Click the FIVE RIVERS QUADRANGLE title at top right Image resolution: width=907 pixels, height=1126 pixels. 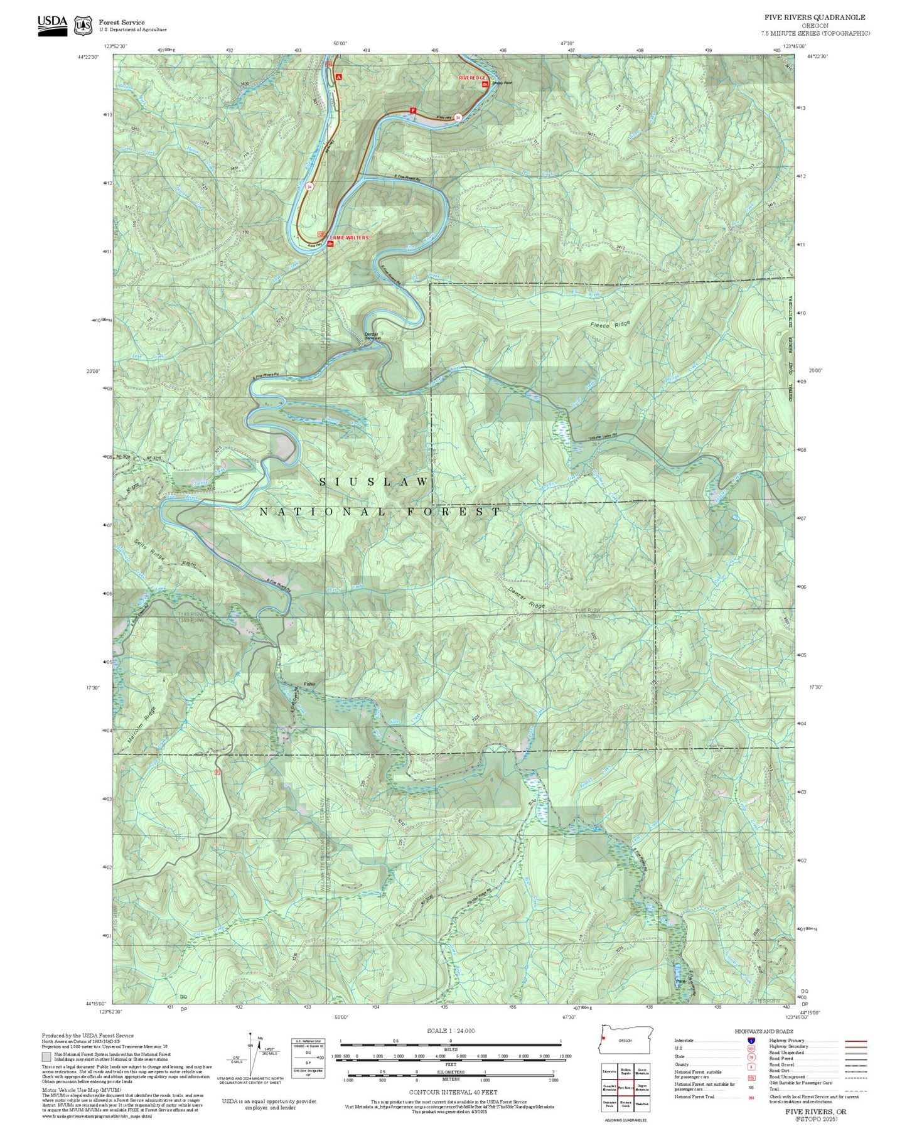814,17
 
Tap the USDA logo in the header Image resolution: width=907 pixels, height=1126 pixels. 52,25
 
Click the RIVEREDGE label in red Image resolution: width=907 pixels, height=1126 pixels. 473,77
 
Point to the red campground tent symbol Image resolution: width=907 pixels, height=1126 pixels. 339,77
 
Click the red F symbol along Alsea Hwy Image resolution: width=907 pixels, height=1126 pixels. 412,111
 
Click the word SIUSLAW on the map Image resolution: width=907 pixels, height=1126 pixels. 375,481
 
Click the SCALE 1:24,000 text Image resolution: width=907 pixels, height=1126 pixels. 450,1031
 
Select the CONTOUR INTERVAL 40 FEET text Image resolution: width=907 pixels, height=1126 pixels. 453,1092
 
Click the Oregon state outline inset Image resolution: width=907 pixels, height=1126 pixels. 626,1040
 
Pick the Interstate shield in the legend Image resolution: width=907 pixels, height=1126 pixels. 751,1041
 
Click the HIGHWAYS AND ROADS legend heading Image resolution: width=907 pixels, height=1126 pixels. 764,1031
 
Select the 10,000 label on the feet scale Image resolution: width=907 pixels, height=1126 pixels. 565,1056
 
